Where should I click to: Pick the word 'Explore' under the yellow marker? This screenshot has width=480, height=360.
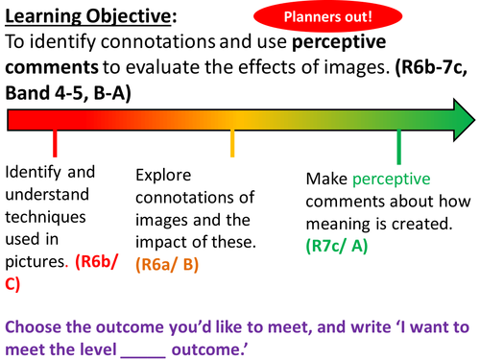click(165, 176)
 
